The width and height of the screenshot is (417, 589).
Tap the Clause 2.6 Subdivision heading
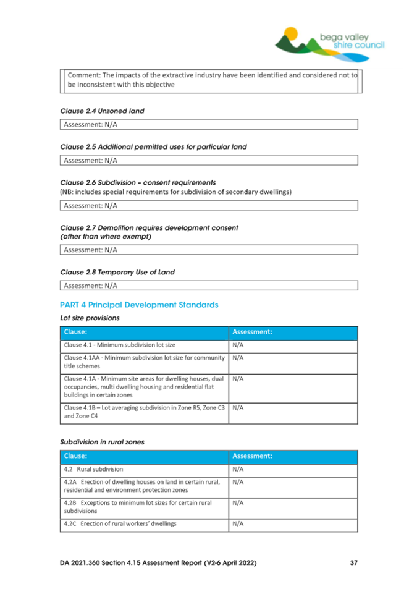[x=138, y=183]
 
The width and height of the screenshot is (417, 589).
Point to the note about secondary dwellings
[x=175, y=192]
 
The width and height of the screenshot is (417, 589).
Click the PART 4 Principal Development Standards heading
[x=139, y=305]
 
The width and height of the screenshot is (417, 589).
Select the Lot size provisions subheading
[x=90, y=318]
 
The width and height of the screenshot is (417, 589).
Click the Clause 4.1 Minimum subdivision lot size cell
[x=145, y=345]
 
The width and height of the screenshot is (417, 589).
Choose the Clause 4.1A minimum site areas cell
[x=145, y=386]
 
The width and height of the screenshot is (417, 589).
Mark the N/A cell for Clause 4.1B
[x=293, y=412]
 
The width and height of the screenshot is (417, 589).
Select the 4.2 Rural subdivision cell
[x=145, y=470]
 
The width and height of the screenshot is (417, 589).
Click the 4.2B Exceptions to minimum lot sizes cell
[x=145, y=507]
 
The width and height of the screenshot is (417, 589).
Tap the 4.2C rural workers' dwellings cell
[x=145, y=524]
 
